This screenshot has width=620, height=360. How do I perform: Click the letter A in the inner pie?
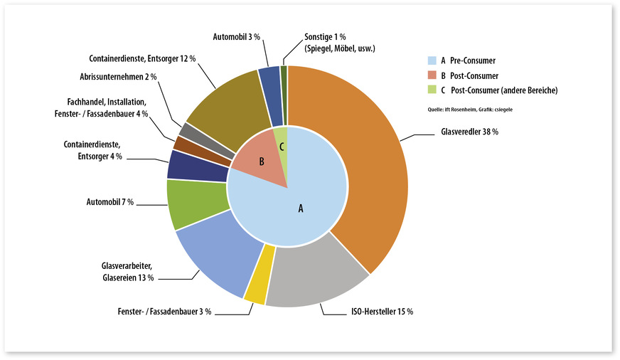(300, 208)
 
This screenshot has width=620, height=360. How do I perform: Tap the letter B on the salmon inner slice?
(262, 162)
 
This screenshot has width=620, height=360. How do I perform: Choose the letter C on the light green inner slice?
(282, 146)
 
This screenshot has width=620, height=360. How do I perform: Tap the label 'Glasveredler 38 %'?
(464, 133)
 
